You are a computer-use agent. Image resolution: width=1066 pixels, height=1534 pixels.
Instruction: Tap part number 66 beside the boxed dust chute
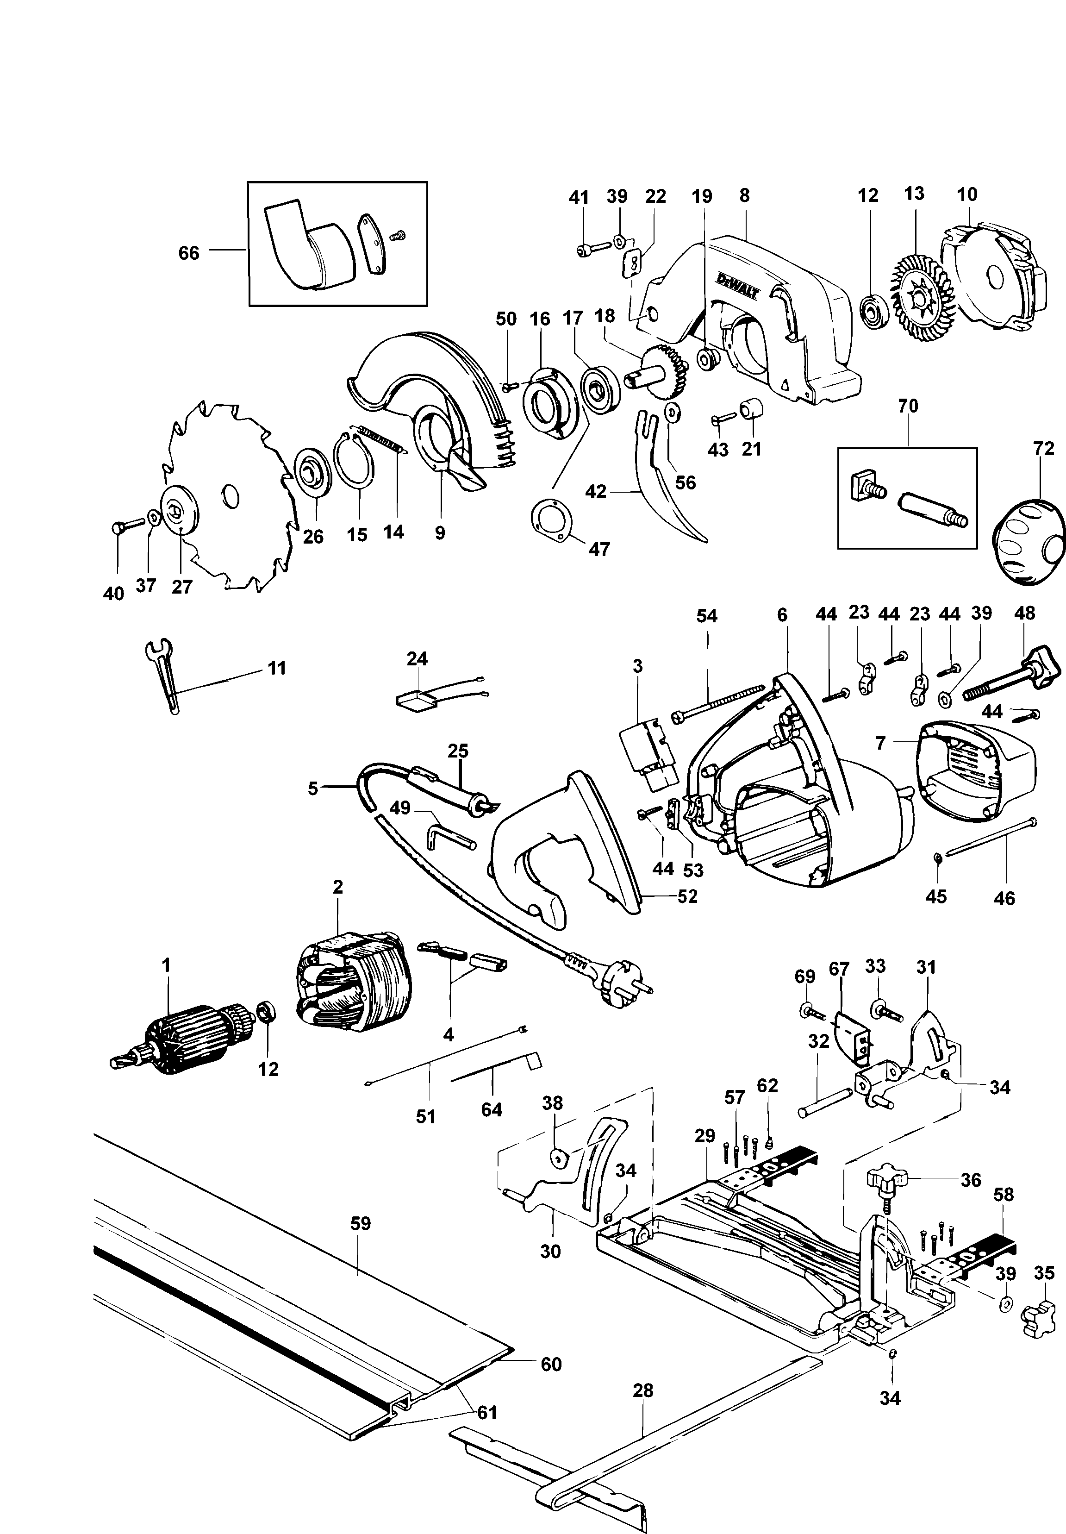pyautogui.click(x=189, y=253)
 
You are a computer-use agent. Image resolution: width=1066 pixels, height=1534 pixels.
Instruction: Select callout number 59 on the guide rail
pyautogui.click(x=360, y=1224)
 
